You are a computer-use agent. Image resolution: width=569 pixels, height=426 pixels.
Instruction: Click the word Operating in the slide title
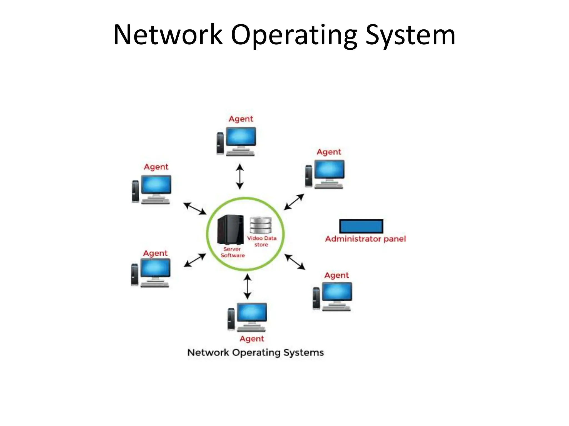(x=294, y=35)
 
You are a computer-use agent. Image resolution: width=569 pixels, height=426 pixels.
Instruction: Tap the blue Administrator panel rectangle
(x=361, y=226)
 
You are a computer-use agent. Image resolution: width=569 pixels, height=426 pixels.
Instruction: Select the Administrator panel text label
(x=365, y=239)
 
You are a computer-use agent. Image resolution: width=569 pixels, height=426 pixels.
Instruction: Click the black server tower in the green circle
(x=231, y=230)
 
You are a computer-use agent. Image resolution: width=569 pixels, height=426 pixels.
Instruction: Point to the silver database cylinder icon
(x=260, y=225)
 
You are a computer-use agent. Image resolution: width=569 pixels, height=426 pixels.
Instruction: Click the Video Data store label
(x=262, y=241)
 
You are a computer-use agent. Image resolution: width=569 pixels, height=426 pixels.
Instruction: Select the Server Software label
(x=233, y=252)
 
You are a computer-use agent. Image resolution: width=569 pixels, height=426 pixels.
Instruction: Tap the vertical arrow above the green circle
(x=240, y=176)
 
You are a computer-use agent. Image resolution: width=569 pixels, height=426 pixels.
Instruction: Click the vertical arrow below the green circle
(x=247, y=286)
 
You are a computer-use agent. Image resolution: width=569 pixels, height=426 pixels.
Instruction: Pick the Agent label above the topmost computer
(x=241, y=119)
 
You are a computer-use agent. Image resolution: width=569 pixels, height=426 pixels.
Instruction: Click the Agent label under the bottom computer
(x=252, y=339)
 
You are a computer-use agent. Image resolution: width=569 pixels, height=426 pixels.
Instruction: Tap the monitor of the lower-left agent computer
(x=155, y=268)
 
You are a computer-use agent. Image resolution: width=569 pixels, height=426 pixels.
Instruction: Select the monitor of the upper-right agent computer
(x=329, y=169)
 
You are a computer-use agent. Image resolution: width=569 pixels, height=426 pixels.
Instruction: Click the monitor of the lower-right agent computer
(x=337, y=292)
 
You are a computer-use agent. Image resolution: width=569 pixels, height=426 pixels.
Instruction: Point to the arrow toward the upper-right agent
(x=294, y=202)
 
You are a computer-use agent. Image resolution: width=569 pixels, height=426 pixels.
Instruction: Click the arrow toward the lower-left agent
(x=195, y=260)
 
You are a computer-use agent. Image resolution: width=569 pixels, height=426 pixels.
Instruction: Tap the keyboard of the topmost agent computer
(x=240, y=153)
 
